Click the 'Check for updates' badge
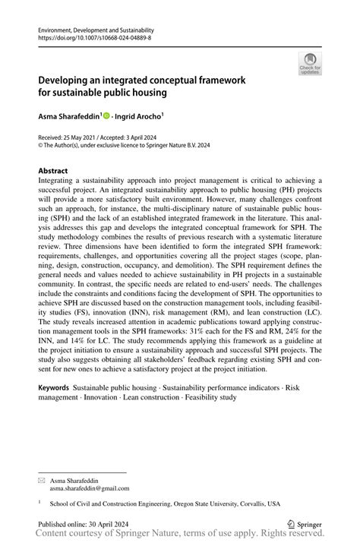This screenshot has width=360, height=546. point(310,64)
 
